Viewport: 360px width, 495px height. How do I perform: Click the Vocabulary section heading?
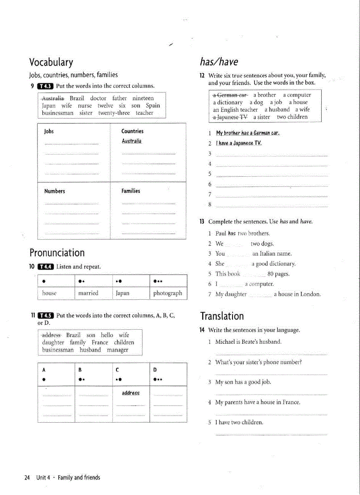coord(51,62)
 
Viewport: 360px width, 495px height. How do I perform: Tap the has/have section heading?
coord(219,62)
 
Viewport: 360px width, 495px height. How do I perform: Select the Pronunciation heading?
coord(57,253)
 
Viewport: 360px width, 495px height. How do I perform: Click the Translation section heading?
coord(222,316)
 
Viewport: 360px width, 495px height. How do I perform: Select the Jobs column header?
coord(49,131)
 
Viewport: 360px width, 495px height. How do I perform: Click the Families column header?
coord(131,191)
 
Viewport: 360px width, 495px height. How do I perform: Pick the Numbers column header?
coord(54,191)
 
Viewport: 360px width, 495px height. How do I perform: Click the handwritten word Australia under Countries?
coord(131,141)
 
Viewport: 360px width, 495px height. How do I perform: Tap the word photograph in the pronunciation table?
coord(167,293)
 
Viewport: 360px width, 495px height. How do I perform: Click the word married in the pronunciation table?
coord(88,293)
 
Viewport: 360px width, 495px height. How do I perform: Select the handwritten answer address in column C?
coord(131,393)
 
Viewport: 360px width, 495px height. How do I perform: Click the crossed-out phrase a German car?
coord(230,95)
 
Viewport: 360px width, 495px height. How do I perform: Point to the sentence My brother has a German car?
coord(247,133)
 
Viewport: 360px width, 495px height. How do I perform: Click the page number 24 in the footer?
coord(27,477)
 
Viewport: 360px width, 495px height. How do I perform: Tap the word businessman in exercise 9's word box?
coord(57,113)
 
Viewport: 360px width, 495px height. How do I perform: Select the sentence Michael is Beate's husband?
coord(248,342)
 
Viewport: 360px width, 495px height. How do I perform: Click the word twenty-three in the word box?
coord(114,113)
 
